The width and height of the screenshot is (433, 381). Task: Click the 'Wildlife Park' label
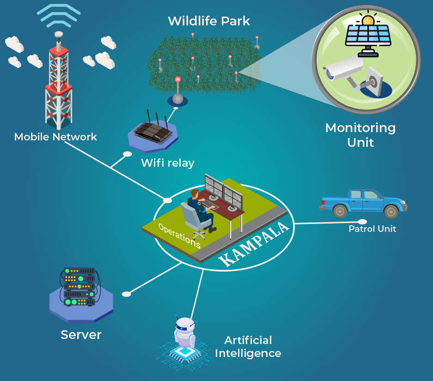click(209, 21)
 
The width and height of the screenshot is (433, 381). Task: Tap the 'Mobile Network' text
click(55, 137)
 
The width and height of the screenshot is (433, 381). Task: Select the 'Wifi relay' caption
click(167, 163)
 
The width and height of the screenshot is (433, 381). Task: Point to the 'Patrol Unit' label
click(372, 229)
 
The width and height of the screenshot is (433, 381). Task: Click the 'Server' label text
click(81, 334)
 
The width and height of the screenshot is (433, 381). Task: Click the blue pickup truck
click(363, 202)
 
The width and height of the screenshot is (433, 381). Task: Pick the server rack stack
click(79, 286)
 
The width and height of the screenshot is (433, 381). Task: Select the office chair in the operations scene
click(192, 220)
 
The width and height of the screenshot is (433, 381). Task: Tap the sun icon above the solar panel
click(368, 20)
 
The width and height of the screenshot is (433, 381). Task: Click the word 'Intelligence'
click(248, 353)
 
